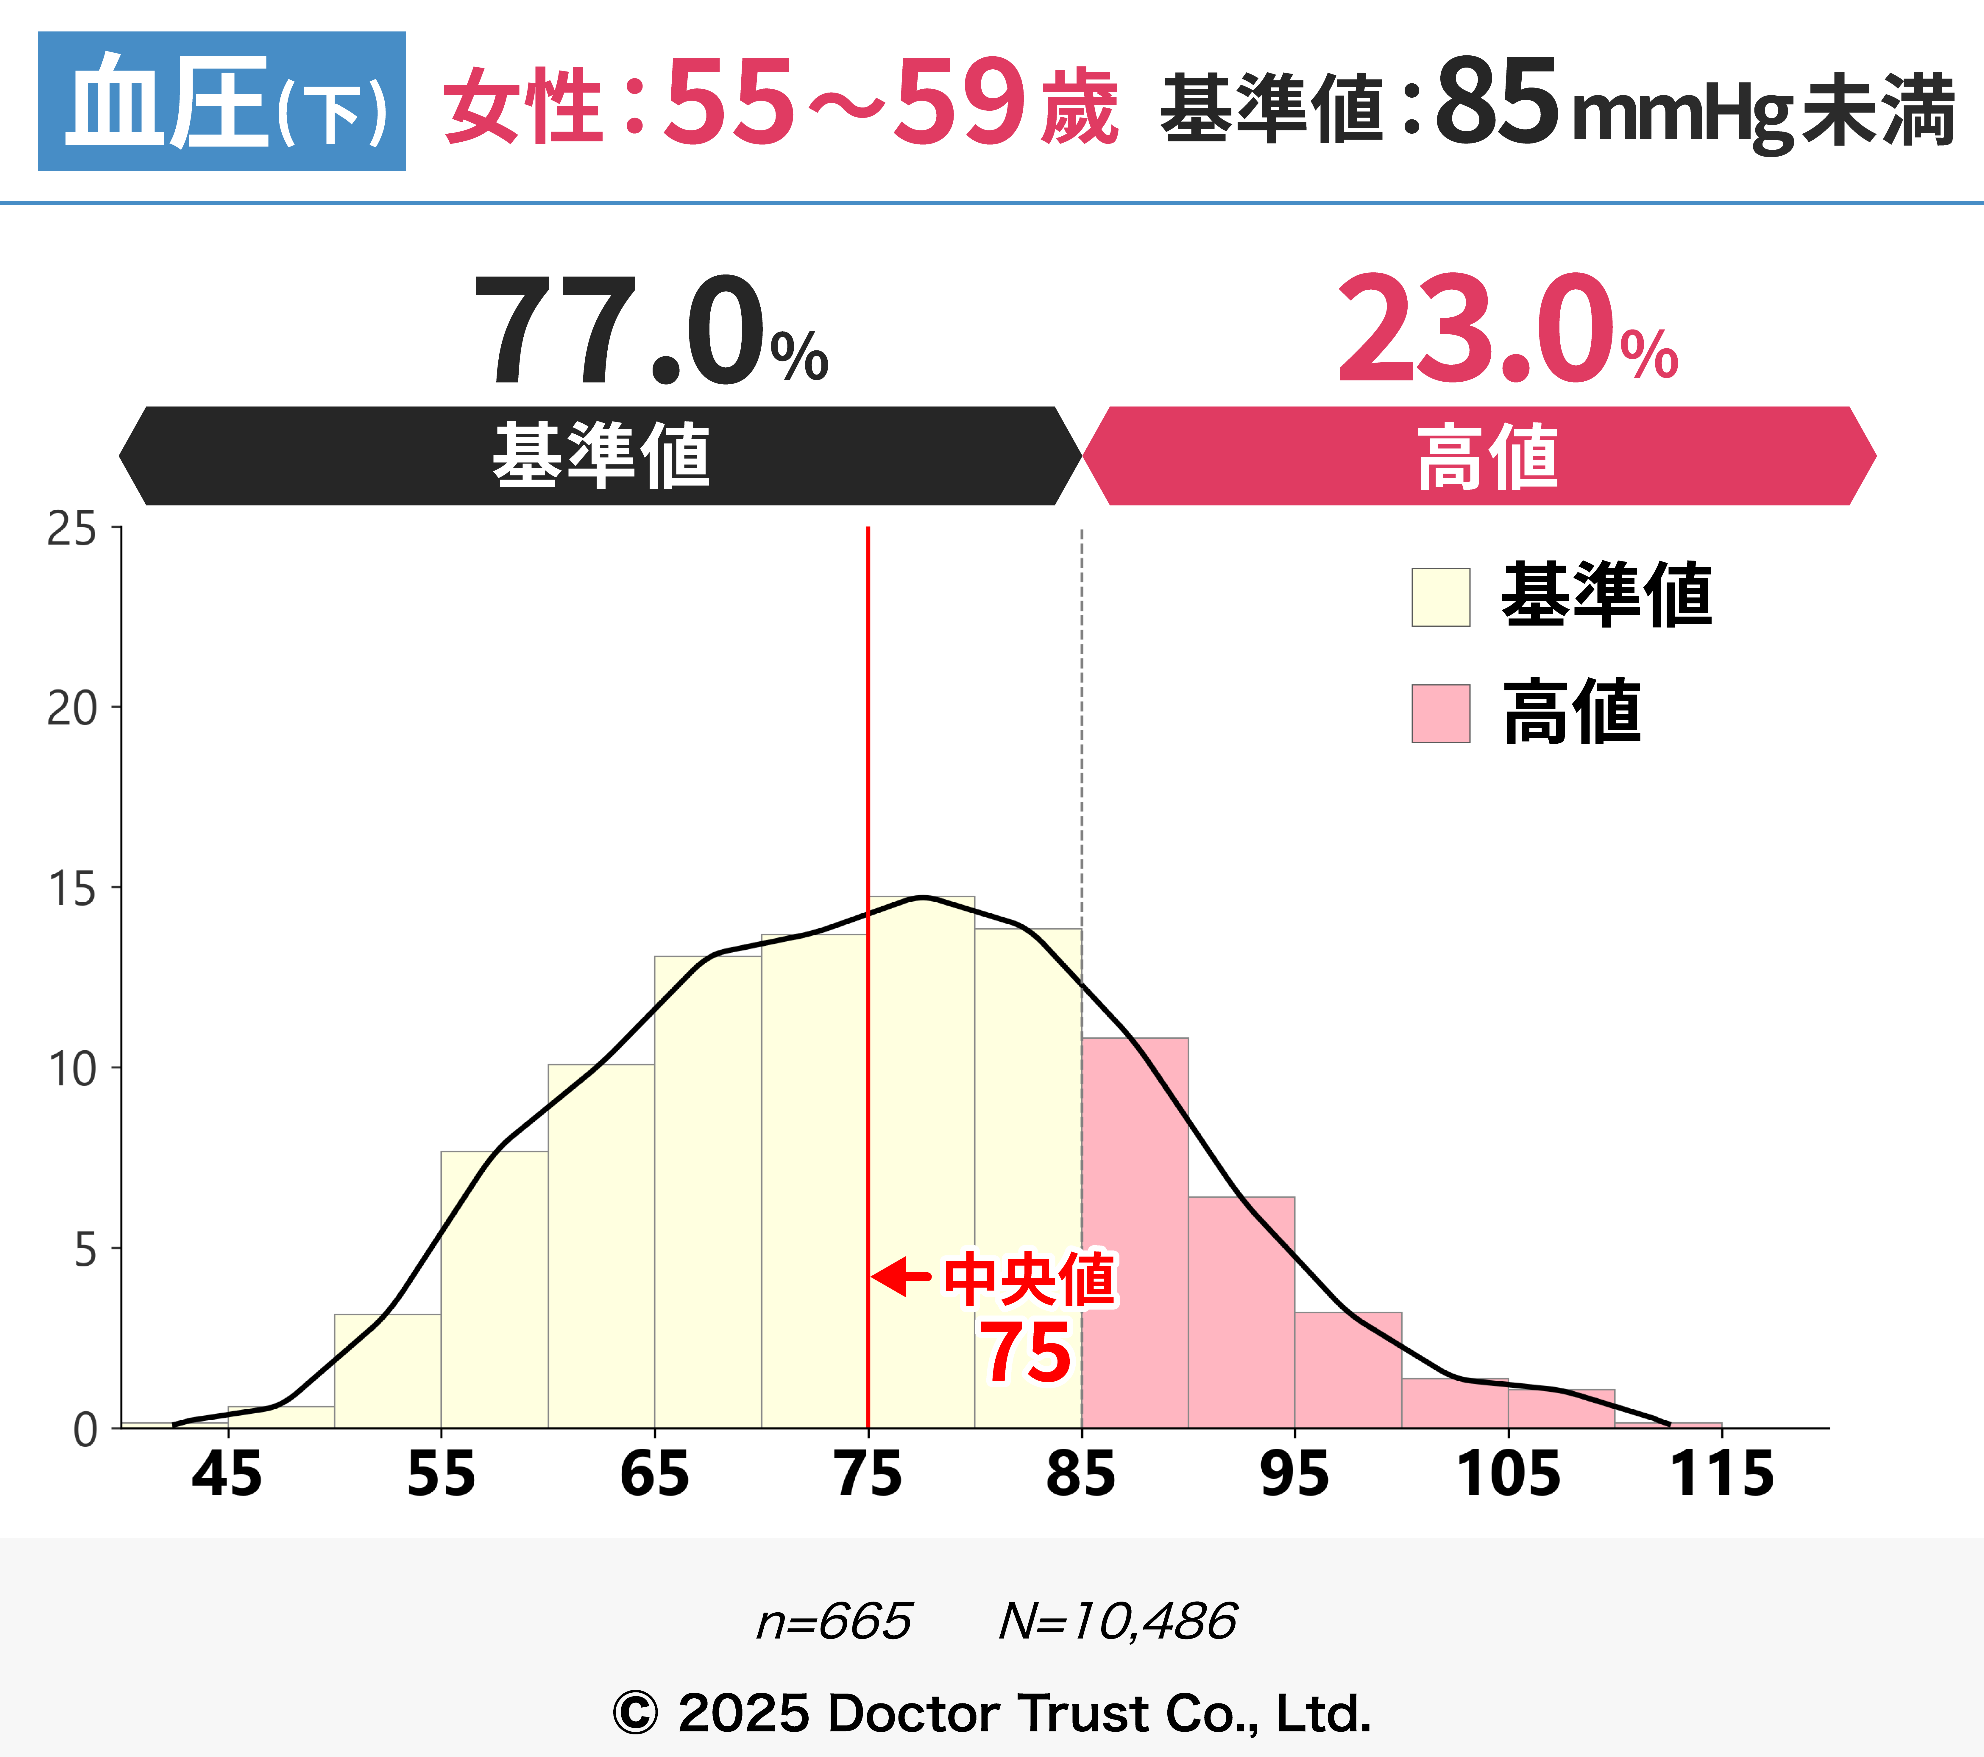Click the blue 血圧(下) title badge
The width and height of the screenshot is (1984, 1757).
(221, 101)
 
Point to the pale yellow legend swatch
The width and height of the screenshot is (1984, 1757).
(1440, 597)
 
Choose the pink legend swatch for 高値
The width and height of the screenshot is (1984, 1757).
(1440, 714)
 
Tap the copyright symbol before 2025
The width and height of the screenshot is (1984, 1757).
(636, 1713)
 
